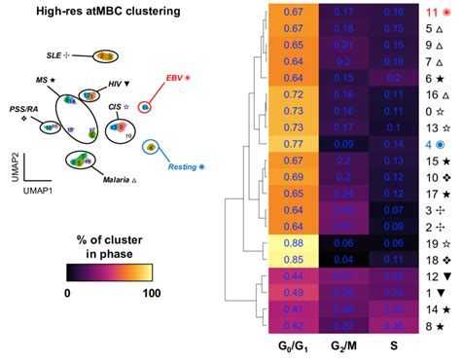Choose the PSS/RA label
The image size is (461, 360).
coord(24,109)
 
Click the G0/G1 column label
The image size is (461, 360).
coord(290,346)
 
